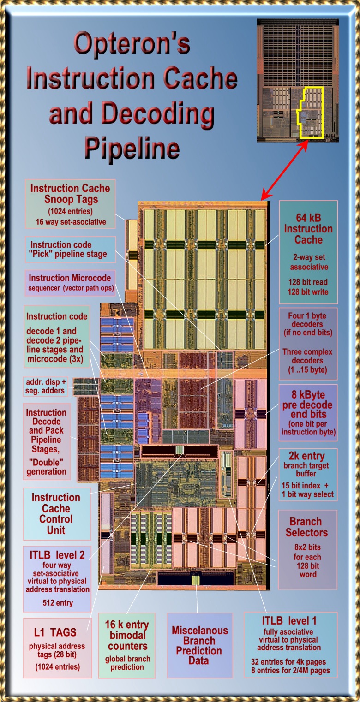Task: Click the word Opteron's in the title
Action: pos(132,44)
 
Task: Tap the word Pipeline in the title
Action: pos(132,148)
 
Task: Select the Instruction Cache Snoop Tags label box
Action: pos(70,204)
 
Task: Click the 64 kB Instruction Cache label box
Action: pos(308,251)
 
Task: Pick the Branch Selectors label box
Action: pos(307,549)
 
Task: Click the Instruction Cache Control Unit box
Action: pos(56,513)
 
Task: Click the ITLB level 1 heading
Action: pos(290,621)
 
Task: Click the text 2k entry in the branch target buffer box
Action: pos(307,457)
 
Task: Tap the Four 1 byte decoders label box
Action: pos(308,344)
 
